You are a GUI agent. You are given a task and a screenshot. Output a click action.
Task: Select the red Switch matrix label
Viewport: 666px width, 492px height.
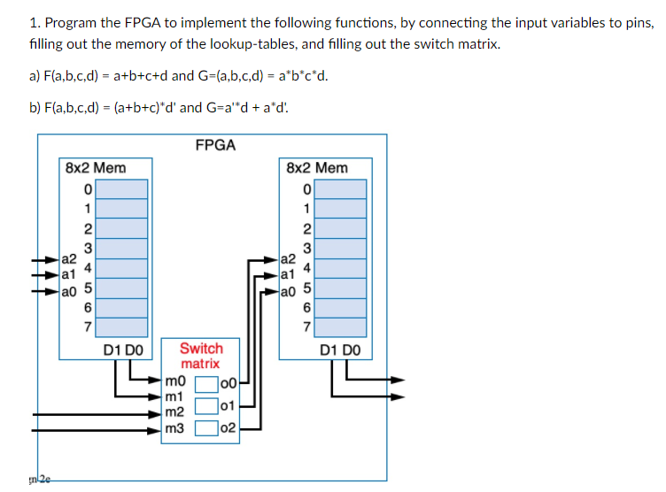pos(201,356)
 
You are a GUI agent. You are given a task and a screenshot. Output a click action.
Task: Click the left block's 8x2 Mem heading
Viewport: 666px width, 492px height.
pos(96,167)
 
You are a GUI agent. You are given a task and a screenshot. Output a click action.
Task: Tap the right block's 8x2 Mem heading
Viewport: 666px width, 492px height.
pos(317,167)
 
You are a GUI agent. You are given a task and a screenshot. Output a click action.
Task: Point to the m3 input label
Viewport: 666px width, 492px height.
pos(174,428)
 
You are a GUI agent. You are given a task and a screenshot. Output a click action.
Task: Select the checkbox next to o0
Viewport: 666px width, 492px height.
pos(205,384)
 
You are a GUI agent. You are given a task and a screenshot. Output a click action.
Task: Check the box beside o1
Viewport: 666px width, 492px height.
pos(205,406)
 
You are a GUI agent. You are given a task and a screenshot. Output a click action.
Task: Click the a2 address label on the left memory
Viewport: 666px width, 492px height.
pos(67,259)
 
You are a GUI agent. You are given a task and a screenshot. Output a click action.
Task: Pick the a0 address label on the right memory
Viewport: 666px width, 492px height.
pos(287,289)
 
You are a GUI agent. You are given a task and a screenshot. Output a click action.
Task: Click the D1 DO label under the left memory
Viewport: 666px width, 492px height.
pos(122,350)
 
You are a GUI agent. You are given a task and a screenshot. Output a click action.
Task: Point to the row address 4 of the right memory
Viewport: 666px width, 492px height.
pos(306,266)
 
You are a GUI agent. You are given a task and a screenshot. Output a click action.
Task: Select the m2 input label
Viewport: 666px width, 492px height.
pos(174,413)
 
